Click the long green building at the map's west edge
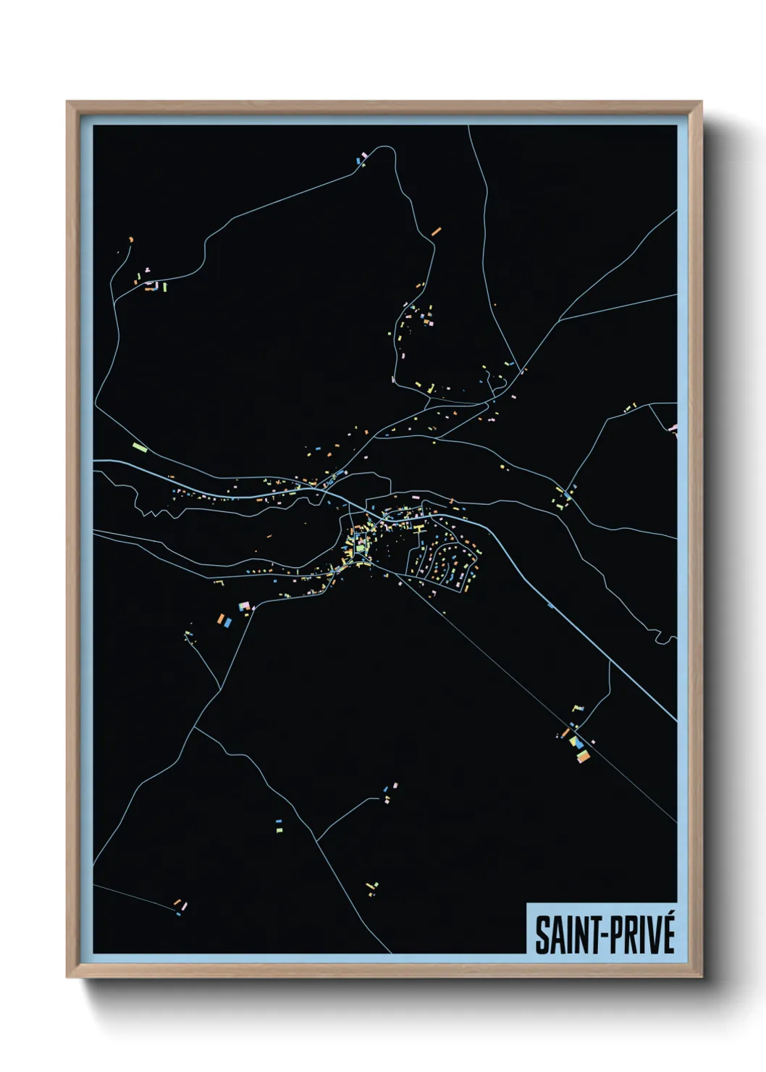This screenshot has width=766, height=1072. point(140,446)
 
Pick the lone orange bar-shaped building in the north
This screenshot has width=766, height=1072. point(436,232)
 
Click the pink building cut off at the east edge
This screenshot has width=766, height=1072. point(673,429)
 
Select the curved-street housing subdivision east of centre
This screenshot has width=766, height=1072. point(443,561)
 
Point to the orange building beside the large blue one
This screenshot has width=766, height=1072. point(220,618)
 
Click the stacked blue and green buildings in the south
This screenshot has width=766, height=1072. point(279,823)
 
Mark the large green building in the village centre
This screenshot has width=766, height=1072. point(361,548)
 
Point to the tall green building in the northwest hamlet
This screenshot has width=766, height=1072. point(164,287)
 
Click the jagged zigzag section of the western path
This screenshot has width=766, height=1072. point(151,513)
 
